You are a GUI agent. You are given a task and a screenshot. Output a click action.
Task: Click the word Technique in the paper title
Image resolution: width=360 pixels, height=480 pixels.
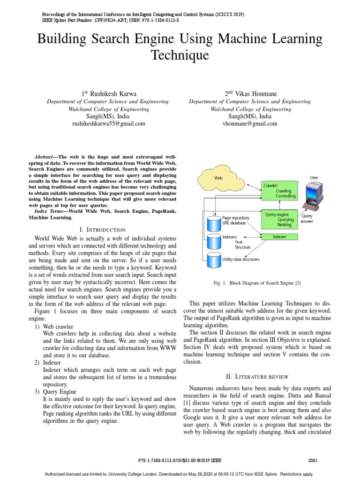point(180,56)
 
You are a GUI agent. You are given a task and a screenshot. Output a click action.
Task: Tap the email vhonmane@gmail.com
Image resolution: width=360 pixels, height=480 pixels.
point(249,124)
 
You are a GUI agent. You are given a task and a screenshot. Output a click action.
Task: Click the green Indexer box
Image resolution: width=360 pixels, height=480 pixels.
point(279,237)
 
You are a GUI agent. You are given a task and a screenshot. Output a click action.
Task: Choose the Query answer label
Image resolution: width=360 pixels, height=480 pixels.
point(307,219)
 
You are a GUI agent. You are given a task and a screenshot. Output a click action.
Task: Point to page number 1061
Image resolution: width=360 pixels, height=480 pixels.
point(313,460)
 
